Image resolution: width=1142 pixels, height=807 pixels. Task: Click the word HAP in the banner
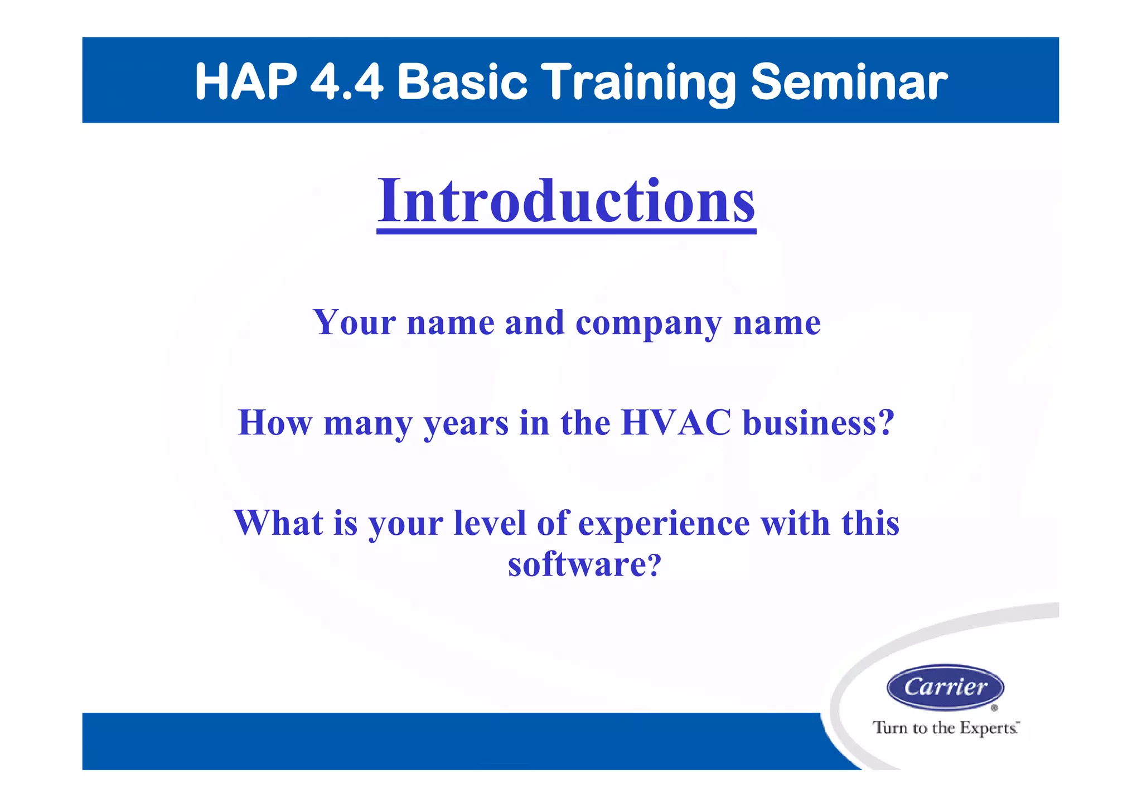tap(246, 82)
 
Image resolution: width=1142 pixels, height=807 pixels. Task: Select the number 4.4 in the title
tap(346, 82)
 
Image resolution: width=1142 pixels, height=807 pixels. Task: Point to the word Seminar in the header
tap(849, 82)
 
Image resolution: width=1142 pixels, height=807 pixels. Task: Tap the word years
tap(466, 424)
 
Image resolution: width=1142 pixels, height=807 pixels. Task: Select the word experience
tap(664, 524)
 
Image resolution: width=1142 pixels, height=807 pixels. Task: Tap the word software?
tap(584, 564)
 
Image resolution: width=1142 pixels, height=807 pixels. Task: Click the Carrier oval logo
tap(945, 687)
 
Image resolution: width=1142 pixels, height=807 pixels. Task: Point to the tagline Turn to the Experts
tap(945, 728)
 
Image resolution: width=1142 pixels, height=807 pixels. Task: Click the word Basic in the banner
tap(462, 82)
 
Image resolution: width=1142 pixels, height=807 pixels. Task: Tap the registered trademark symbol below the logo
tap(994, 708)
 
